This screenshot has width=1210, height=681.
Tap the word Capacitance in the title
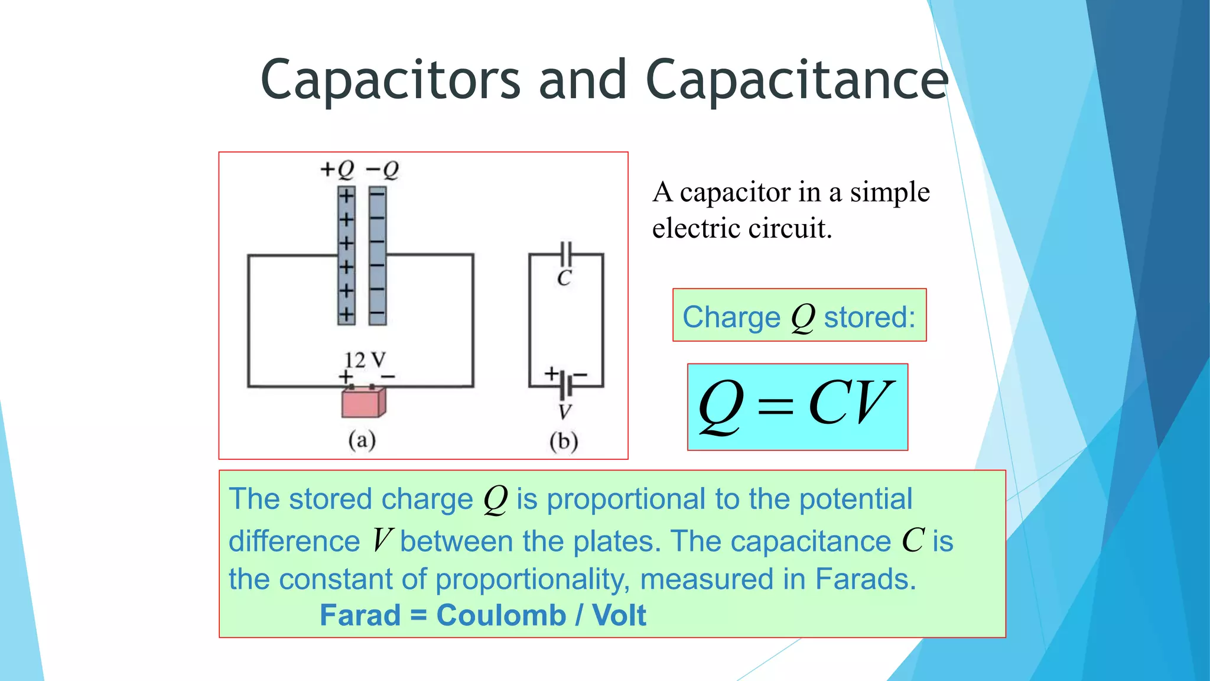click(797, 80)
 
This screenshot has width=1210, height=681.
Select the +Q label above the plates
click(337, 170)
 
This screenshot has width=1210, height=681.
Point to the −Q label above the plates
click(382, 170)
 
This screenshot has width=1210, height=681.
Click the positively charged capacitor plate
click(346, 255)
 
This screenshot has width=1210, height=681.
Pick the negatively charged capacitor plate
click(378, 255)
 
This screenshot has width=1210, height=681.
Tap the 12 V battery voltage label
click(365, 359)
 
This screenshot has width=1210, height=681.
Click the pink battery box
click(363, 403)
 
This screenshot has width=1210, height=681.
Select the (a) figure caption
click(362, 440)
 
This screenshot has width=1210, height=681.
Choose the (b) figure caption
click(564, 442)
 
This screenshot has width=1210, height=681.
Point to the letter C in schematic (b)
click(564, 278)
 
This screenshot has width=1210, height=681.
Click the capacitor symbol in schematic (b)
click(566, 254)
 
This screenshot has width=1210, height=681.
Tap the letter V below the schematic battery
click(565, 411)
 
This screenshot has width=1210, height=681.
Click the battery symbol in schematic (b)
click(566, 385)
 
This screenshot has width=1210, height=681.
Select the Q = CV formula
click(797, 406)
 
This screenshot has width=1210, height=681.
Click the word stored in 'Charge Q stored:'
click(869, 317)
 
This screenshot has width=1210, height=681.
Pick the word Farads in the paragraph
click(865, 579)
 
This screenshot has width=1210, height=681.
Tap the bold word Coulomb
click(501, 615)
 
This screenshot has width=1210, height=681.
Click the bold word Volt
click(619, 615)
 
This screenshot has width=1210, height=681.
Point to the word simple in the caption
click(890, 193)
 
